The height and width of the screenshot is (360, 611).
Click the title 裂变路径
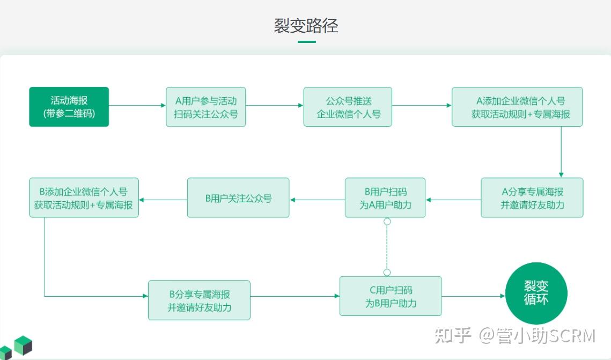306,25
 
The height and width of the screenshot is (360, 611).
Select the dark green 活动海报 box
69,107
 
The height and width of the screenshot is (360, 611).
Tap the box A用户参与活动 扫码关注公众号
206,107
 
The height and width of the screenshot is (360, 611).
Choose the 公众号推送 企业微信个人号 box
348,107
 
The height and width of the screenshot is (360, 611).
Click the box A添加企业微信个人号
517,107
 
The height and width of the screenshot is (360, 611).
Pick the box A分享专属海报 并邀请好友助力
532,197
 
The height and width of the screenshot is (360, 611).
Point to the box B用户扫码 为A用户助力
385,197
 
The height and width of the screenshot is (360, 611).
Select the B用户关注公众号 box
238,197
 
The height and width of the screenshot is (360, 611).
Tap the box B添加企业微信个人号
84,197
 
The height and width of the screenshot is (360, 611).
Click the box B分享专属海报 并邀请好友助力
199,300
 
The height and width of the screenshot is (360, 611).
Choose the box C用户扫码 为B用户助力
391,296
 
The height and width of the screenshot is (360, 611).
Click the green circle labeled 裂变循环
536,293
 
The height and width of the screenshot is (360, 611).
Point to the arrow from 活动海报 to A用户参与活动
137,106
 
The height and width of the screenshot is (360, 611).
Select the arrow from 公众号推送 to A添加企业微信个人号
422,106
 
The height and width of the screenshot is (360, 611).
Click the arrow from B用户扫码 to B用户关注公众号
317,200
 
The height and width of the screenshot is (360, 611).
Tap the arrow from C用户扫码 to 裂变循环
473,296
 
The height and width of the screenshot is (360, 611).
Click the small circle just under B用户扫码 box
387,221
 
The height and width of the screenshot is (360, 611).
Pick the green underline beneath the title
306,41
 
